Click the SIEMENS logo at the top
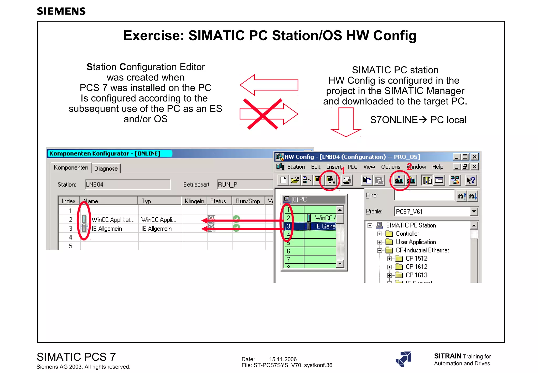click(61, 11)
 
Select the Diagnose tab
click(106, 168)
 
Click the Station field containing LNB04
click(128, 184)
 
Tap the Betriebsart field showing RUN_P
click(244, 184)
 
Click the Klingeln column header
click(194, 201)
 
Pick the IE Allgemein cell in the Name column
click(107, 229)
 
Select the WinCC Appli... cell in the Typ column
click(159, 220)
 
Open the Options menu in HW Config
click(391, 167)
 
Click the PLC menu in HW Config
click(353, 167)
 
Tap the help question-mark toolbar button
click(471, 180)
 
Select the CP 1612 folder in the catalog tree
click(416, 267)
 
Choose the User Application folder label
click(416, 242)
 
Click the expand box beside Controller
click(380, 234)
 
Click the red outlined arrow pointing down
click(346, 122)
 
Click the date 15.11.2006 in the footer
click(283, 359)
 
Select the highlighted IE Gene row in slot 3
click(325, 226)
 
